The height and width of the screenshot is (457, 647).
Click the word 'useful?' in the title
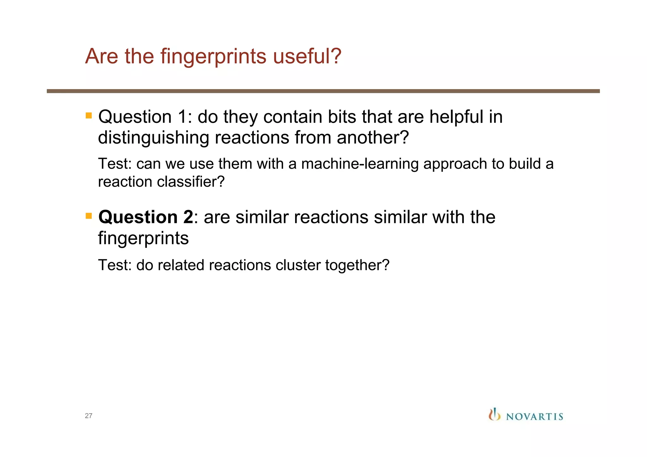[x=307, y=56]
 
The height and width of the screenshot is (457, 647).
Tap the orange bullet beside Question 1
[x=89, y=115]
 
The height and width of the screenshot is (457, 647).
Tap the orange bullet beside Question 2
[x=89, y=216]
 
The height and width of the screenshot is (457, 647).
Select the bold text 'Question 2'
[x=146, y=217]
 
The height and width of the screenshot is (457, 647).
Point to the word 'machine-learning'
[x=360, y=164]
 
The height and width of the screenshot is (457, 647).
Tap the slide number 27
[x=88, y=416]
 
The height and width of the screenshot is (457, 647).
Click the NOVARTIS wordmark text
[x=535, y=417]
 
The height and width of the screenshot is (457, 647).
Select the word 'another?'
[x=373, y=138]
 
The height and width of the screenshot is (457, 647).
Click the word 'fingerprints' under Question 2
[x=143, y=238]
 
